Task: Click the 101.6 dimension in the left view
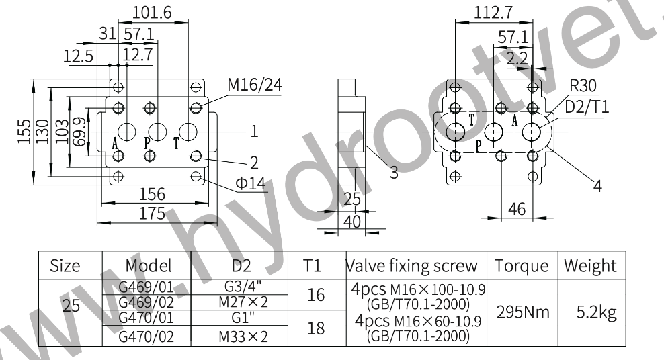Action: click(152, 13)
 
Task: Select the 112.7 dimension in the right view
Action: click(493, 13)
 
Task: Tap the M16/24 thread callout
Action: click(255, 85)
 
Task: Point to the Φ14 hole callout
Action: click(251, 183)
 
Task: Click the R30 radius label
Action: click(583, 86)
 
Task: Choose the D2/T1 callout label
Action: click(587, 107)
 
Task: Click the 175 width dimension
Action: click(152, 213)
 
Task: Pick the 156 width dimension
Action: click(152, 194)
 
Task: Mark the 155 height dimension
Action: click(24, 132)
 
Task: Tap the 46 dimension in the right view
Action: click(517, 209)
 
